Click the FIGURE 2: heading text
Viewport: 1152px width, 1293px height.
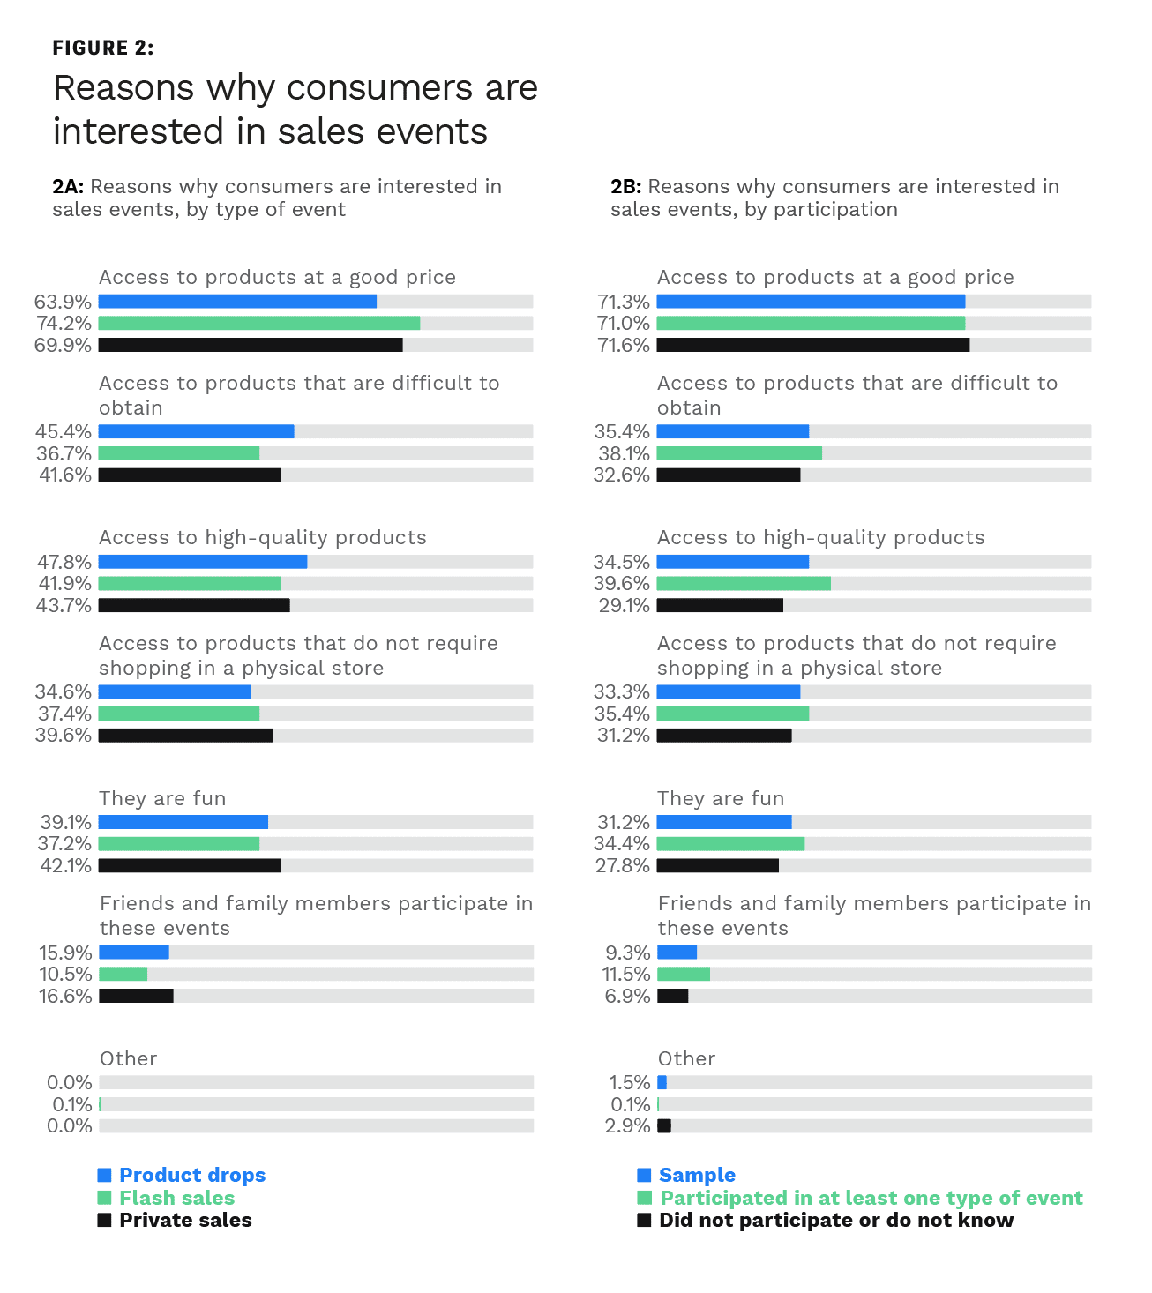[103, 48]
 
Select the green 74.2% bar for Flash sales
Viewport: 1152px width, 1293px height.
[258, 324]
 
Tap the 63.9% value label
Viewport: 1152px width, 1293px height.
[63, 302]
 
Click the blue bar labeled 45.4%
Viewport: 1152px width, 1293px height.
[196, 431]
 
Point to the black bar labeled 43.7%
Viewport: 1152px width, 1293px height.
[194, 605]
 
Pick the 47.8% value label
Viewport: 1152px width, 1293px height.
[64, 562]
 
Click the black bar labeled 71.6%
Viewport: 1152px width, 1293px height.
[812, 345]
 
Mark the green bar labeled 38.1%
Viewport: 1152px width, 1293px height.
[739, 453]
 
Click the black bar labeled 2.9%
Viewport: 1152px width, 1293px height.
[664, 1125]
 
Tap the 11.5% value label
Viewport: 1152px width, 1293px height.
[625, 974]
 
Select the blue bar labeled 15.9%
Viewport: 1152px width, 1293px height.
[134, 953]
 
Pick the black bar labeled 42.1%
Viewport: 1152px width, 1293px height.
[190, 865]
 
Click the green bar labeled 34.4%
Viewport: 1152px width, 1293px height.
[730, 844]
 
